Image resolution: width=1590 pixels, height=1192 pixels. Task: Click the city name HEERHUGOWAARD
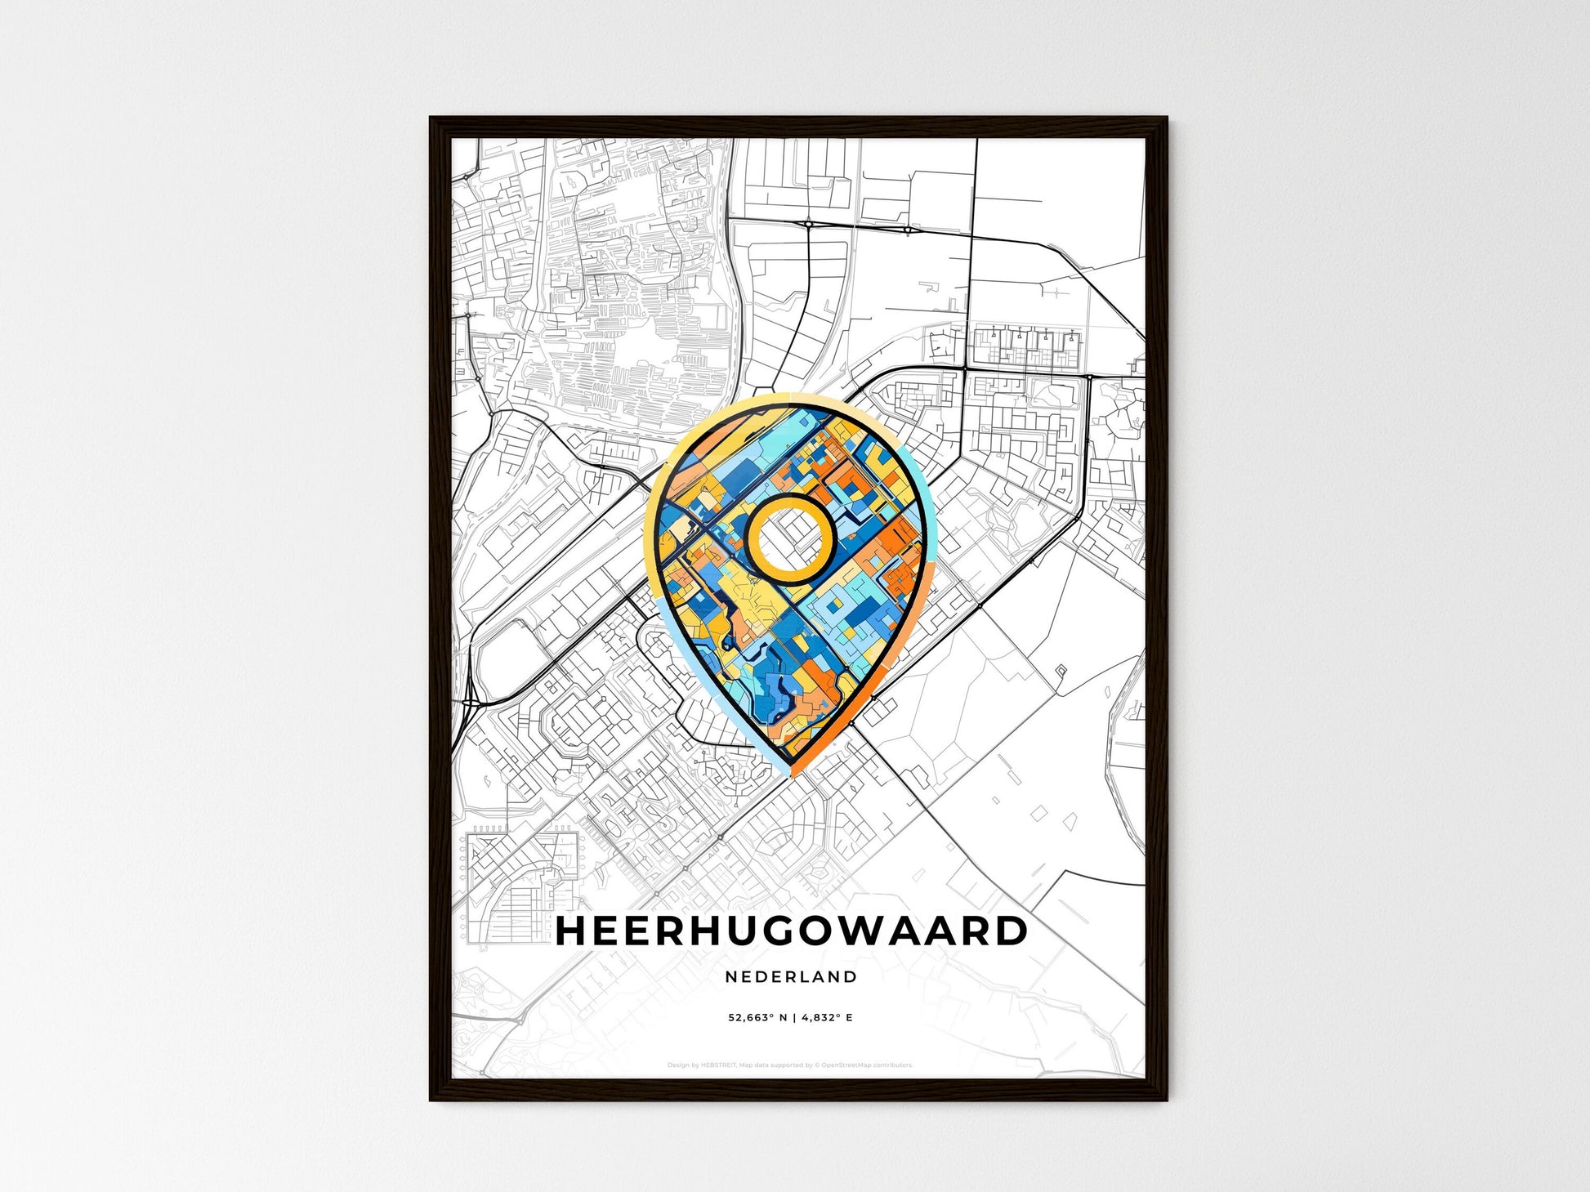coord(791,931)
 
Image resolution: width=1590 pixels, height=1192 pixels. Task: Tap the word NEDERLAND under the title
coord(791,976)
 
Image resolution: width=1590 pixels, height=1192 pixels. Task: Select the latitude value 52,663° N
coord(757,1018)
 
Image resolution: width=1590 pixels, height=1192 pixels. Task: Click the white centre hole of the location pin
coord(790,539)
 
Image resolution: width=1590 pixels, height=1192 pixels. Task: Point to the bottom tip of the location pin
coord(791,773)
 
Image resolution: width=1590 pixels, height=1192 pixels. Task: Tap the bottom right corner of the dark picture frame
coord(1166,1100)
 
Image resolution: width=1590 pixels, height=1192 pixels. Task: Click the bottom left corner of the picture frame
coord(431,1100)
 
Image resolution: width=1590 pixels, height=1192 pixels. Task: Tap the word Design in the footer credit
coord(677,1065)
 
